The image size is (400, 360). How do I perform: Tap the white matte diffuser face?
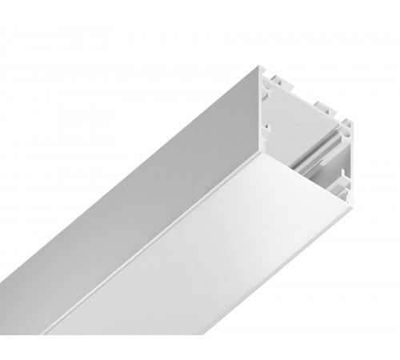click(208, 264)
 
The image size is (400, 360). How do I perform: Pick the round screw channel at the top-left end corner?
click(266, 71)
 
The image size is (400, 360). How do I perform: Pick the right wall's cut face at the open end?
click(349, 160)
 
